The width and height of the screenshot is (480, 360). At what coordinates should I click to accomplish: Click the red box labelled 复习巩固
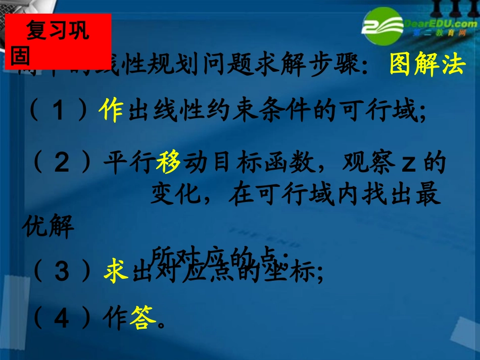(x=56, y=41)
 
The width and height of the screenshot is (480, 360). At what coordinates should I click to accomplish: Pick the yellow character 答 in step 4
(x=140, y=319)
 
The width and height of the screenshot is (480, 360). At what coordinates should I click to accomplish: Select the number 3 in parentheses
(x=62, y=273)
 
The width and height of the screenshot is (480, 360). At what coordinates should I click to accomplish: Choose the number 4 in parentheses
(x=62, y=319)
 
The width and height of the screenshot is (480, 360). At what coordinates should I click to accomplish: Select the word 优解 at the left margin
(x=49, y=229)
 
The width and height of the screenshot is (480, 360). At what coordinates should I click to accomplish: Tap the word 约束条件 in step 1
(x=236, y=111)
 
